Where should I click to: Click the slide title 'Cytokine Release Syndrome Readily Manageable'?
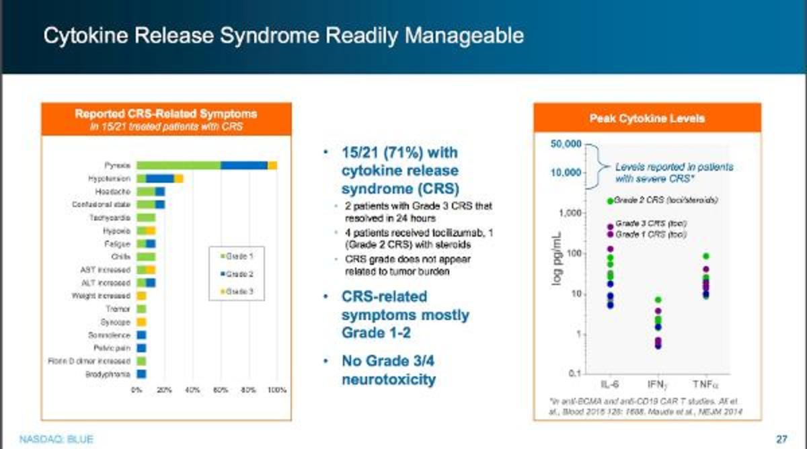(282, 36)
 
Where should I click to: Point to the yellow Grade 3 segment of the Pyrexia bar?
(272, 165)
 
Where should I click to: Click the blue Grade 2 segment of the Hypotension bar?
(161, 178)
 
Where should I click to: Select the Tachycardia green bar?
(146, 217)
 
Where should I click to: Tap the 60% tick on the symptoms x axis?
(221, 390)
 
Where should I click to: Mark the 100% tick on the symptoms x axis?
(277, 390)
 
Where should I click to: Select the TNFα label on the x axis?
(706, 384)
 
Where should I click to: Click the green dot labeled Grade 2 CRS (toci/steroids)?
(610, 201)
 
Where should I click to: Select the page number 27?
(781, 439)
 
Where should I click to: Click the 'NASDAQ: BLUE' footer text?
(47, 440)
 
